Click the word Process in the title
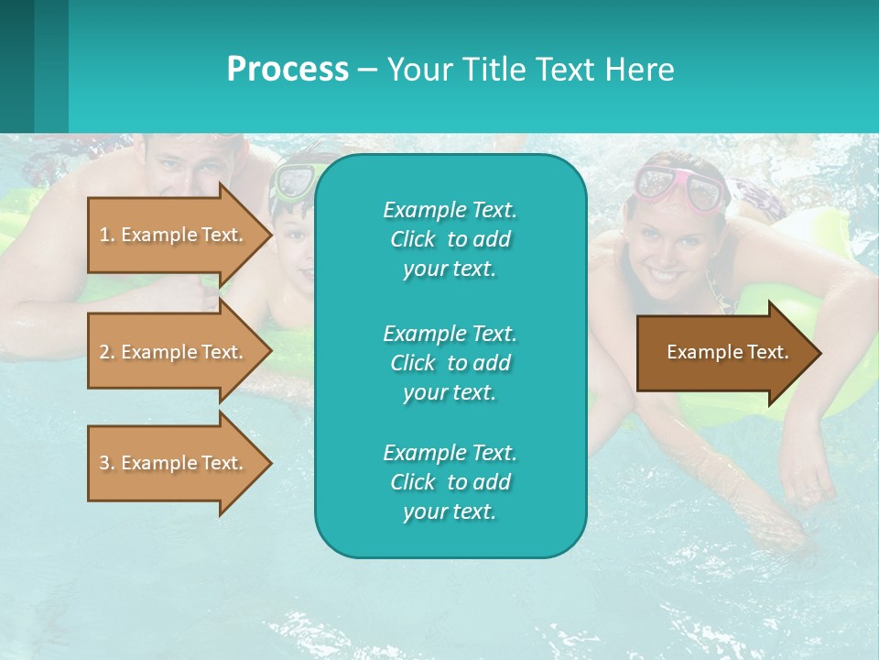[x=288, y=70]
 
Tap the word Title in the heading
[x=495, y=70]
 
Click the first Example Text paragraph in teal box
[x=450, y=239]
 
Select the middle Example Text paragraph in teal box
[x=450, y=362]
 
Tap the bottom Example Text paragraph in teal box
[x=450, y=482]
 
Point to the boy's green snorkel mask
[x=292, y=181]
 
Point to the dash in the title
[x=367, y=70]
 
